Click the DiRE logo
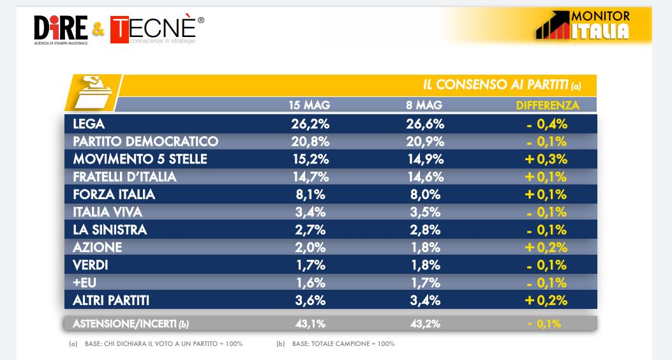coord(61,30)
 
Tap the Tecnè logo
coord(157,29)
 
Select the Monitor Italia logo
coord(583,25)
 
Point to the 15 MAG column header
coord(310,105)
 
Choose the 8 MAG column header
coord(424,105)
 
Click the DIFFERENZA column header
coord(548,105)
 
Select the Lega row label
coord(89,124)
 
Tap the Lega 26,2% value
coord(310,124)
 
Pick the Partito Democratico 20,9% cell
coord(425,142)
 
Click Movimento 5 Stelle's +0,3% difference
coord(546,159)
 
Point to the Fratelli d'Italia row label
coord(124,177)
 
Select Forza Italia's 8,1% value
coord(310,195)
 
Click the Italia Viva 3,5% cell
coord(425,212)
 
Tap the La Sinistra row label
coord(110,230)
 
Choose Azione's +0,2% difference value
coord(546,247)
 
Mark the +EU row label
coord(84,283)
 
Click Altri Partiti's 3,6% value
coord(310,300)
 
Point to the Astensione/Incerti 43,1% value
coord(310,324)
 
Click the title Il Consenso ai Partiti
coord(502,85)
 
